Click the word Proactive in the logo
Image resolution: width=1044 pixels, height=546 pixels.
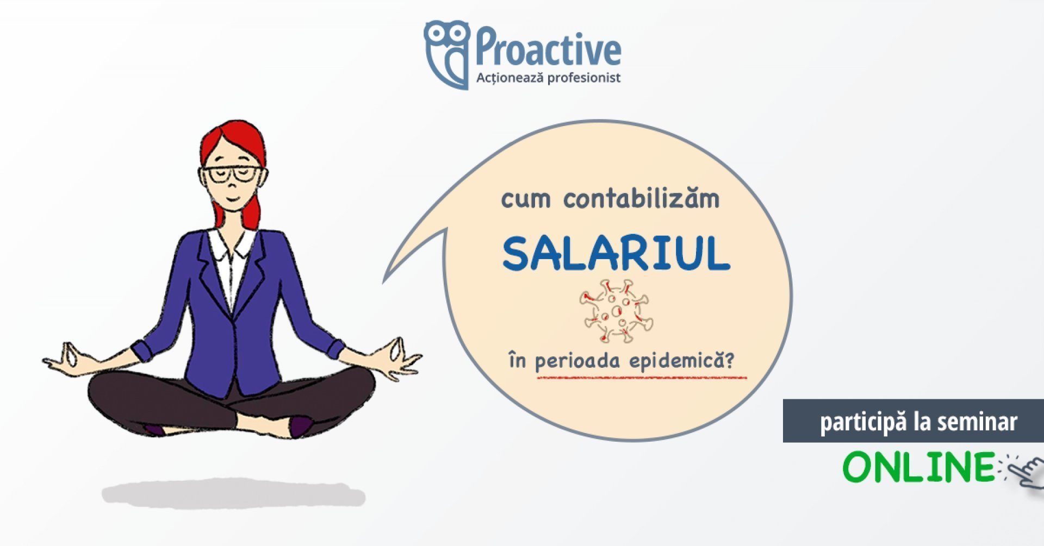[x=548, y=48]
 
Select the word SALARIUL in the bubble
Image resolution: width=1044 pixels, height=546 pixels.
[x=616, y=254]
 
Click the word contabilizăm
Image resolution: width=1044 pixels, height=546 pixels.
[x=641, y=199]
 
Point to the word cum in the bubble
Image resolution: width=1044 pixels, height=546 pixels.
[x=526, y=200]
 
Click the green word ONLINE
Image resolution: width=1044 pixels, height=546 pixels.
[x=919, y=467]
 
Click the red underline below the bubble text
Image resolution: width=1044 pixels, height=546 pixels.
[x=642, y=376]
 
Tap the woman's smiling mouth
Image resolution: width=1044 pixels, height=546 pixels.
[x=232, y=200]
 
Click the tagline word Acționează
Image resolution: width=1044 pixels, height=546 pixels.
[x=509, y=78]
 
